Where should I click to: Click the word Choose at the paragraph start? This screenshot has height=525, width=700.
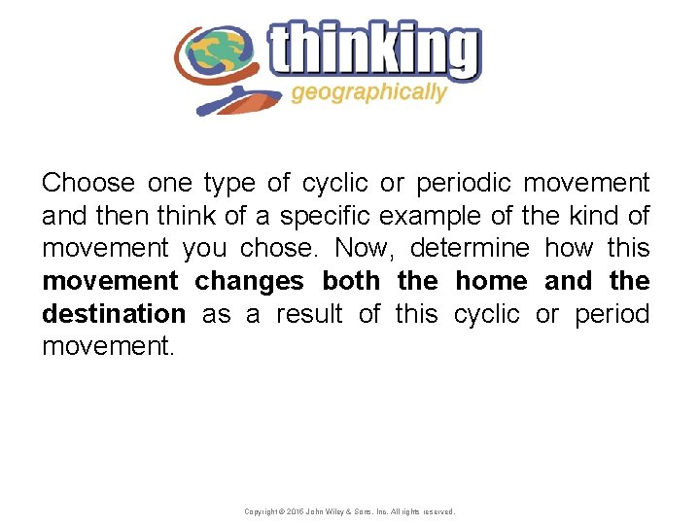[x=87, y=183]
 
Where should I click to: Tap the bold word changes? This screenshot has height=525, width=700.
[x=250, y=282]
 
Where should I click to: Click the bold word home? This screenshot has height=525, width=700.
[x=492, y=282]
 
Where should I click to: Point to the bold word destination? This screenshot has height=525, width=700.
[x=113, y=315]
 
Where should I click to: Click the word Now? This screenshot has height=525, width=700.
[x=356, y=249]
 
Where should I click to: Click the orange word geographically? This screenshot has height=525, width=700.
[x=368, y=93]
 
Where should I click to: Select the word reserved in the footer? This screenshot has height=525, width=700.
[x=437, y=511]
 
